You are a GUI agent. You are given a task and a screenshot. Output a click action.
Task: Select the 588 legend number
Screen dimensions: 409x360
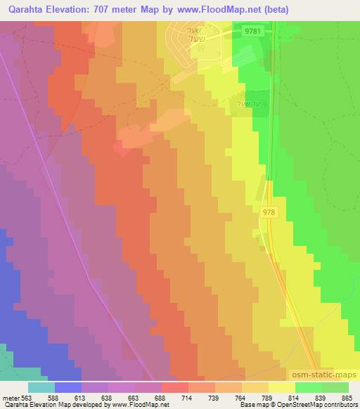tap(54, 397)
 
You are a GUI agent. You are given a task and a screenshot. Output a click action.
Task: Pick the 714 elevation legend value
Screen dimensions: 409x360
tap(186, 397)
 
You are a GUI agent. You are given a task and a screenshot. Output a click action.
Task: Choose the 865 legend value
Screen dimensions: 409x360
tap(347, 397)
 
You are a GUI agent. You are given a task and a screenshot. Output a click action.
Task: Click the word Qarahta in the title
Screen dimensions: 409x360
tap(25, 10)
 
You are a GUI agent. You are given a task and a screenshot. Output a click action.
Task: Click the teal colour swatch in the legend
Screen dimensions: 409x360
tap(41, 387)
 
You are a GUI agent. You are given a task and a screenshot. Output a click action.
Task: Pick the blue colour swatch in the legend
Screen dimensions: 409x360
tap(68, 387)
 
